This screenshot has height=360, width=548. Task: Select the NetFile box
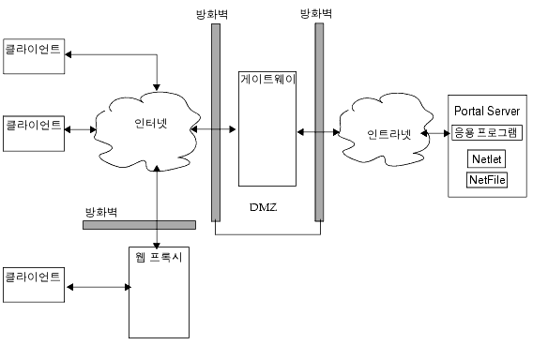click(x=486, y=179)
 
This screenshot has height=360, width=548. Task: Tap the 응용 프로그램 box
click(x=486, y=131)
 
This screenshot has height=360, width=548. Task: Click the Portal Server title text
click(x=486, y=112)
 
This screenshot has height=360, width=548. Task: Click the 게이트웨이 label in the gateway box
click(x=267, y=80)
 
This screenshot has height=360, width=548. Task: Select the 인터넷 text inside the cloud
click(x=145, y=123)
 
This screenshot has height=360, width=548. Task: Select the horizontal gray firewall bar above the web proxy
click(x=139, y=225)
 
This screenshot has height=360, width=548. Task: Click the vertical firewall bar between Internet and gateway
click(x=216, y=122)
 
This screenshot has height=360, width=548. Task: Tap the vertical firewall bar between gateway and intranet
click(x=319, y=122)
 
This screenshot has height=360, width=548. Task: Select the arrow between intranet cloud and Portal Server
click(x=434, y=134)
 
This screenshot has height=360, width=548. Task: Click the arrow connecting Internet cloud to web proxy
click(x=157, y=202)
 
